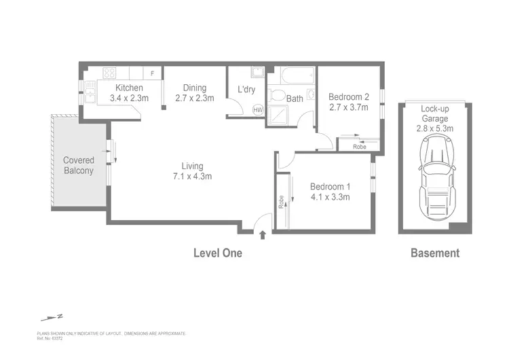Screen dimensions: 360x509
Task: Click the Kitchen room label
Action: pos(129,88)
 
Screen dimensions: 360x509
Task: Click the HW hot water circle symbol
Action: pos(258,109)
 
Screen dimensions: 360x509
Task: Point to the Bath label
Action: pos(295,98)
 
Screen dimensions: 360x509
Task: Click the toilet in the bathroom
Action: pos(276,96)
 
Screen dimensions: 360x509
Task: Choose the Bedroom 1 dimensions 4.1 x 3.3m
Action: pos(330,198)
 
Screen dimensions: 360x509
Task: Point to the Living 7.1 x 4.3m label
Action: pos(192,171)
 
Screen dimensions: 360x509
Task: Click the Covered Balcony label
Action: pos(79,165)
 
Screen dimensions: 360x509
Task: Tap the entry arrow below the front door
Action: pos(263,236)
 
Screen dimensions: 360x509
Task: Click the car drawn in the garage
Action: pos(434,173)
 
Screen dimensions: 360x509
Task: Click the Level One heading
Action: pos(217,253)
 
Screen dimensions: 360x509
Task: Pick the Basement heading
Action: pos(435,253)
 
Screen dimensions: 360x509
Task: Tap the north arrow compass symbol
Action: pos(51,317)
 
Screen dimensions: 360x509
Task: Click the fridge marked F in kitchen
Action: pos(152,72)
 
